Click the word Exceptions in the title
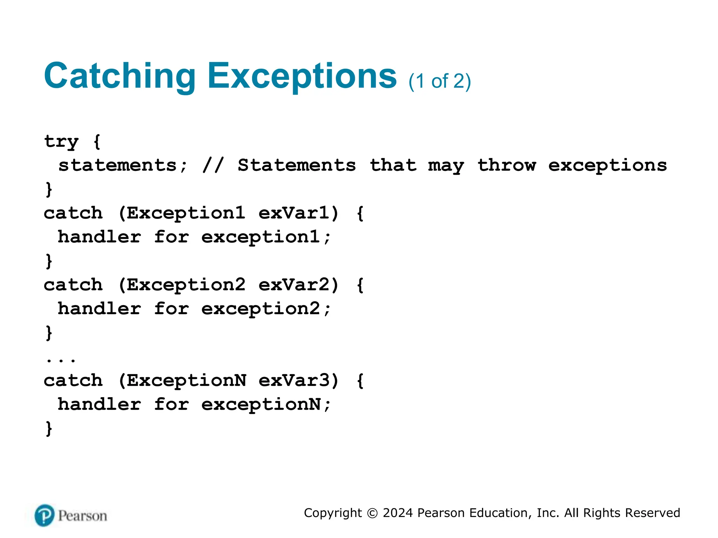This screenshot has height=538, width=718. click(302, 76)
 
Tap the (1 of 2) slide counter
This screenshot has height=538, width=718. click(440, 81)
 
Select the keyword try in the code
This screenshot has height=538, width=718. click(61, 142)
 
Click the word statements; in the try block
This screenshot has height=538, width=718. click(123, 165)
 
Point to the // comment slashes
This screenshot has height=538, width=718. click(213, 165)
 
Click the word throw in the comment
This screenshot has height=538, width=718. click(507, 165)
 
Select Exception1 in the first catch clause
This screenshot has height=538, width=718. click(185, 213)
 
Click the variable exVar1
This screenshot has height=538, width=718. click(294, 213)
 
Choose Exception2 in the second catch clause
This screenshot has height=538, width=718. click(186, 285)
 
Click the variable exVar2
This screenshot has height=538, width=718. click(294, 285)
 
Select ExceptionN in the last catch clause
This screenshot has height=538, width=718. click(186, 380)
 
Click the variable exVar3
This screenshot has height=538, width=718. click(294, 380)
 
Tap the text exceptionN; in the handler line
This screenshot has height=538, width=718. click(266, 405)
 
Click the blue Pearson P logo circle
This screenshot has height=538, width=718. click(45, 515)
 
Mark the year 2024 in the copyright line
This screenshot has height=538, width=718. click(398, 513)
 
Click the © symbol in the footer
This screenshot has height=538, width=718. click(372, 513)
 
